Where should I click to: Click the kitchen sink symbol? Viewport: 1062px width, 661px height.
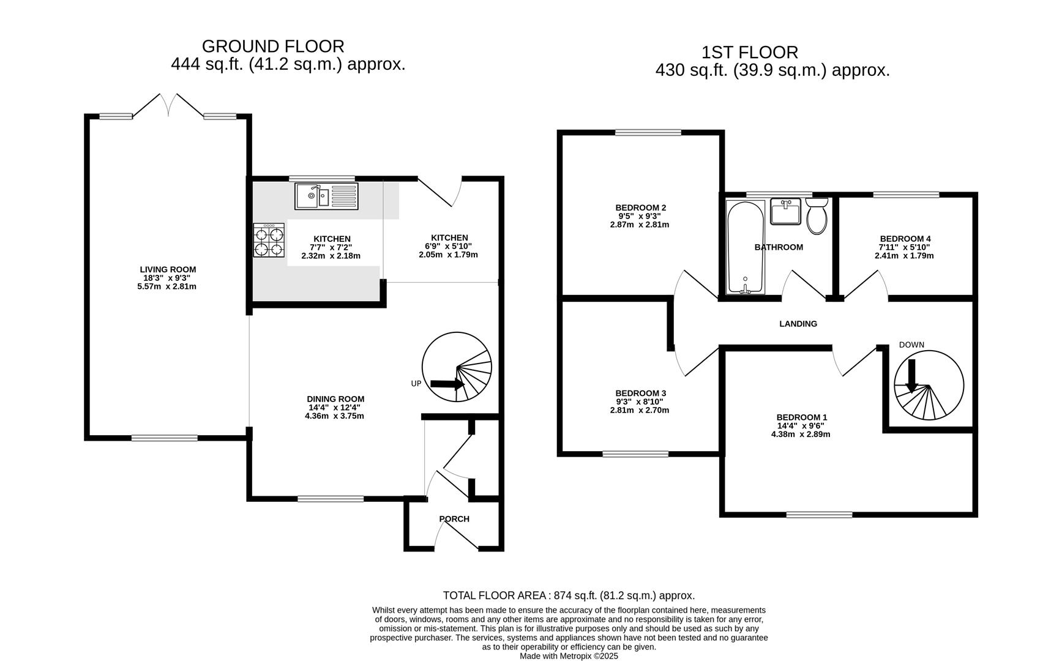tap(326, 196)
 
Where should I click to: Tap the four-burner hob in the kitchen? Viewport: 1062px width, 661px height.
tap(270, 241)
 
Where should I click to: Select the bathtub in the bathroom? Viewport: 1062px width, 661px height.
tap(746, 247)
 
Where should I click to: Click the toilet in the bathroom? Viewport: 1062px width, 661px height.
tap(817, 216)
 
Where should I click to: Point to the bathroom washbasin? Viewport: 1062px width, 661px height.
tap(785, 212)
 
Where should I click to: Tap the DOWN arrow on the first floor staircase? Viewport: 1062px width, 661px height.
tap(911, 375)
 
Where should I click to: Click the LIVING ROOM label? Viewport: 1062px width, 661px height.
tap(168, 269)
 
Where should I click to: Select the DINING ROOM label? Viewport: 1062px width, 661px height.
tap(335, 399)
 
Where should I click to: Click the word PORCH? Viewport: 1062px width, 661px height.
tap(454, 519)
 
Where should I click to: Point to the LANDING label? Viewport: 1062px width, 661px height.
tap(798, 324)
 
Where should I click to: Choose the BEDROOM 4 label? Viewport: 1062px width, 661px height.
tap(905, 239)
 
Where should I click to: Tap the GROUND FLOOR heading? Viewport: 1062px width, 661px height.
tap(273, 47)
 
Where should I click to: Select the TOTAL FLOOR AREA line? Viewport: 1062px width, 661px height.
tap(569, 596)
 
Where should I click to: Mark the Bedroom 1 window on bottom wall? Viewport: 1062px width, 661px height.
tap(819, 515)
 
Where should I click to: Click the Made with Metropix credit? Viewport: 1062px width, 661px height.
tap(569, 656)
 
